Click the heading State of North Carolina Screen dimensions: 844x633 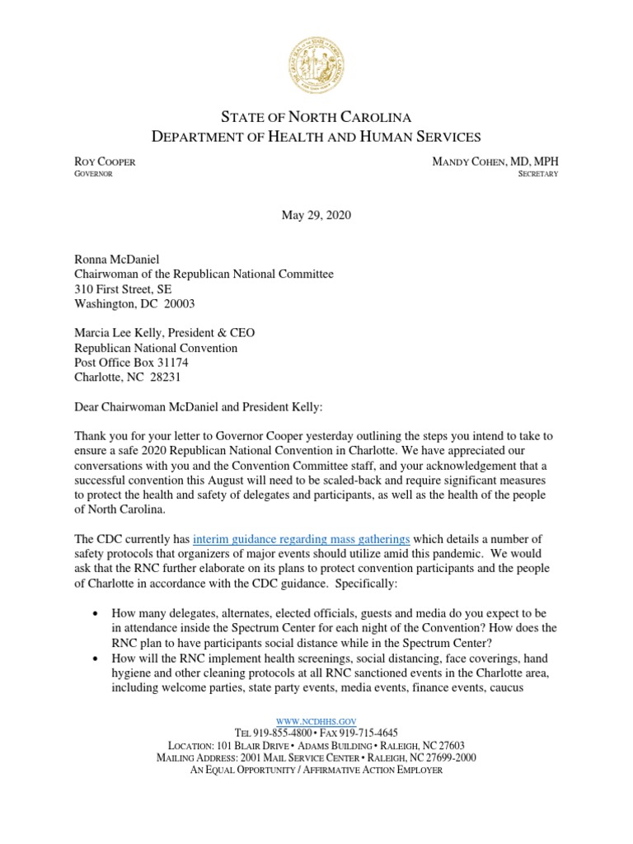click(316, 117)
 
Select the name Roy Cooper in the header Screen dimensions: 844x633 click(105, 162)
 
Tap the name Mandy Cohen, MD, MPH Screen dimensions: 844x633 click(495, 162)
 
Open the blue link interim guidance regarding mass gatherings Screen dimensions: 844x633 click(301, 517)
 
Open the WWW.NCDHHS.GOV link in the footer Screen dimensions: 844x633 click(316, 720)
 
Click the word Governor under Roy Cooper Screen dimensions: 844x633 click(93, 174)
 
